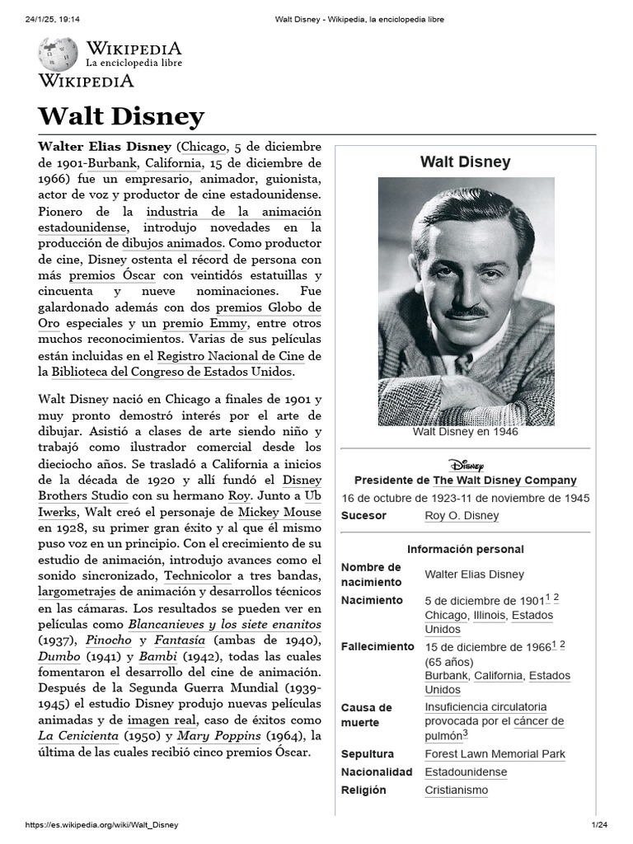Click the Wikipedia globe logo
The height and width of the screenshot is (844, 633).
pyautogui.click(x=58, y=54)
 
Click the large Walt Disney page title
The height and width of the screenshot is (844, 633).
pyautogui.click(x=121, y=116)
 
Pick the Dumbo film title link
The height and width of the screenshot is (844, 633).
pyautogui.click(x=59, y=656)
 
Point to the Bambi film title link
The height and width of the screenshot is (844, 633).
pyautogui.click(x=157, y=656)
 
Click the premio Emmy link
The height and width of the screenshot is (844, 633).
pyautogui.click(x=195, y=323)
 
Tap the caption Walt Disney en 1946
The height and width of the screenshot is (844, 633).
pyautogui.click(x=466, y=432)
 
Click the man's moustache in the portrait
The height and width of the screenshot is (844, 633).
pyautogui.click(x=467, y=312)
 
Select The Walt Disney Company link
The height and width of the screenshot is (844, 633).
pyautogui.click(x=504, y=481)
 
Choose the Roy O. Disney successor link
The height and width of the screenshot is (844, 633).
pyautogui.click(x=462, y=516)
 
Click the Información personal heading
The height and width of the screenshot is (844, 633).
pyautogui.click(x=466, y=550)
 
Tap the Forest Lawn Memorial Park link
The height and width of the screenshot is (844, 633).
pyautogui.click(x=495, y=754)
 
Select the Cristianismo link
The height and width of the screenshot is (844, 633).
pyautogui.click(x=456, y=790)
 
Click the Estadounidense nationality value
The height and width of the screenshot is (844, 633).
pyautogui.click(x=466, y=772)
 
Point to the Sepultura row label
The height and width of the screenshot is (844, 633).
pyautogui.click(x=368, y=754)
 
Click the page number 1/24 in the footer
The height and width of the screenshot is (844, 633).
pyautogui.click(x=598, y=825)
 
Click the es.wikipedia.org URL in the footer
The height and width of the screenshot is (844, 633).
pyautogui.click(x=102, y=825)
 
